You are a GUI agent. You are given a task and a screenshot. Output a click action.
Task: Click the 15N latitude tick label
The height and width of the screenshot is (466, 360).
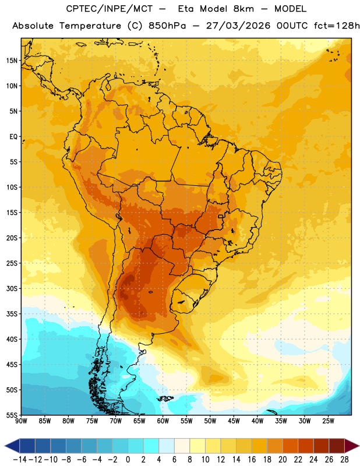coord(12,61)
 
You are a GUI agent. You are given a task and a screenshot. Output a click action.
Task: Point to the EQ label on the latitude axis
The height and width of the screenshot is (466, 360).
coord(13,137)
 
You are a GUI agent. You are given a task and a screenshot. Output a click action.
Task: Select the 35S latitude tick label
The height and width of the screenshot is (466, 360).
coord(12,314)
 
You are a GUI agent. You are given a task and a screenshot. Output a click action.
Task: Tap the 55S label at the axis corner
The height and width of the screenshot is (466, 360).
coord(12,415)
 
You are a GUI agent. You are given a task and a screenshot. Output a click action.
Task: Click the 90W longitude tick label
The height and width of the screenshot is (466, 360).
coord(21,421)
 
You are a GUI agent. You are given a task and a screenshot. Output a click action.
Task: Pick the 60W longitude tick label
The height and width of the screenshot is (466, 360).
coord(163,421)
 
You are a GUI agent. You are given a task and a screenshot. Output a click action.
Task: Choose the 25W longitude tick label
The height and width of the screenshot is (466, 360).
coord(328,421)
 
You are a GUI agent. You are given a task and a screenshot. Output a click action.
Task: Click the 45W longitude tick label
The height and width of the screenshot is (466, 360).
coord(234,421)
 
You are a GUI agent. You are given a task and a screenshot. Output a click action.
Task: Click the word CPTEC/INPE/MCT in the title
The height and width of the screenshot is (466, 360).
coord(109,9)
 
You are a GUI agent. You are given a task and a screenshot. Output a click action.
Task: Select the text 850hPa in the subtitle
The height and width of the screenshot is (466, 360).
coord(167,26)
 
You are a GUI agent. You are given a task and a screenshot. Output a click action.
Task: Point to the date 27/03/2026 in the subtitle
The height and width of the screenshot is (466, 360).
coord(238,26)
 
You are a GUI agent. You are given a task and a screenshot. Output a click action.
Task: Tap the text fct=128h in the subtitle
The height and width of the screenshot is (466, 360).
coord(337,26)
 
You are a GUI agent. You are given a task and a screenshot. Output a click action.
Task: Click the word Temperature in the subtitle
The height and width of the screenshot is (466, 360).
coord(90,26)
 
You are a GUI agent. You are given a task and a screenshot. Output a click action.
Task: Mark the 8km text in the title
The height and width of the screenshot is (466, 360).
coord(243,9)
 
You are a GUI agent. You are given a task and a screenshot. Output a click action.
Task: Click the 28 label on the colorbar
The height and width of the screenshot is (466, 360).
coord(344,460)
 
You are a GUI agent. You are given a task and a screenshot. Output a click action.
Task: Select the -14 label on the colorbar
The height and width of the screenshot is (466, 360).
coord(20,460)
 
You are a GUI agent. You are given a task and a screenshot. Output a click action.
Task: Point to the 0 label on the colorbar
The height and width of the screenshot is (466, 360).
coord(128,460)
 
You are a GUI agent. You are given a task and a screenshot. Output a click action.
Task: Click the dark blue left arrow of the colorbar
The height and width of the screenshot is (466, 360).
coord(12,446)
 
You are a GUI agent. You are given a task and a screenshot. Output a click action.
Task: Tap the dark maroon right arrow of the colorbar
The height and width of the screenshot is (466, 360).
coord(352,446)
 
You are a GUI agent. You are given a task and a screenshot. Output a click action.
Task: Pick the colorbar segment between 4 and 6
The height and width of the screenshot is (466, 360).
coord(167,446)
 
